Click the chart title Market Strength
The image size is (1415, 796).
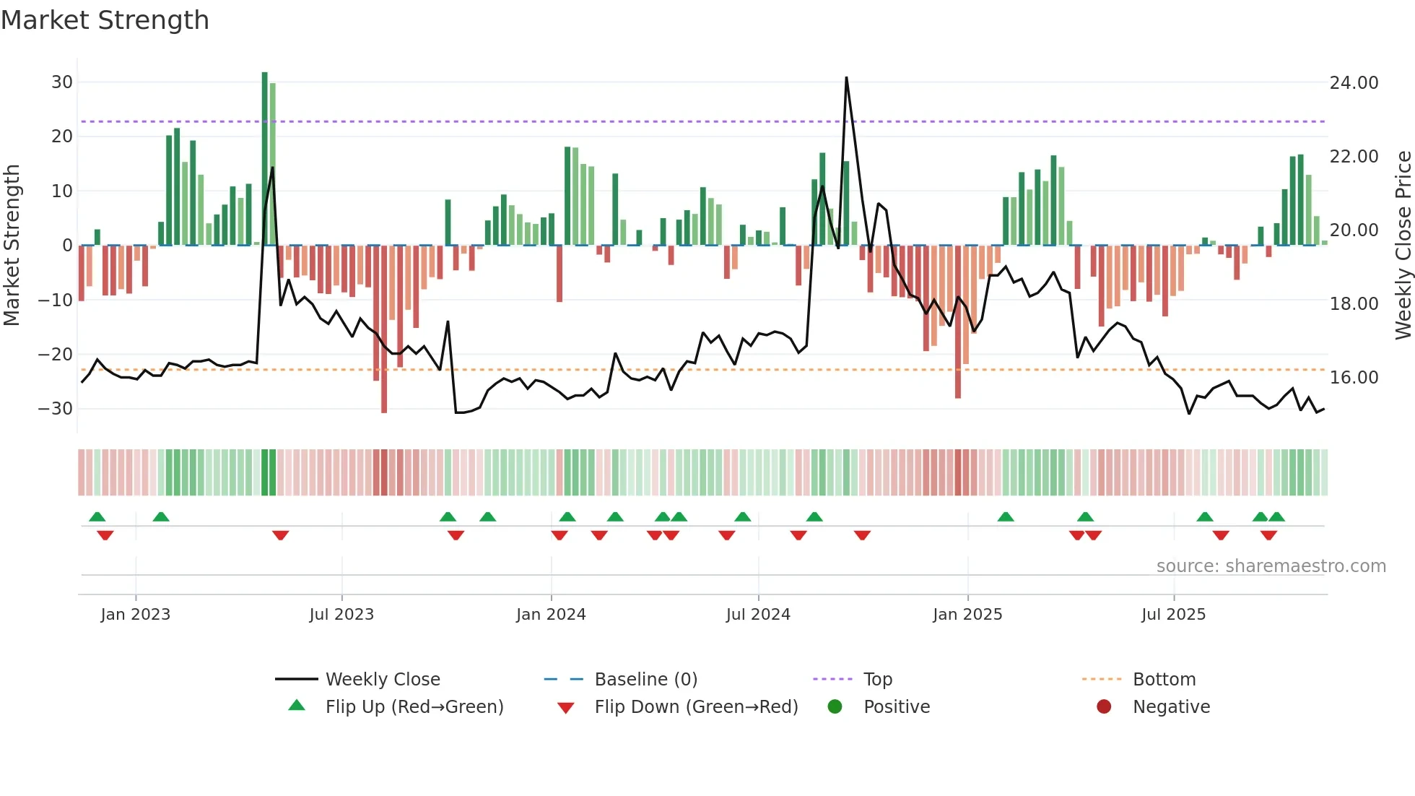point(105,20)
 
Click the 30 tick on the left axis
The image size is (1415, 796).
point(61,82)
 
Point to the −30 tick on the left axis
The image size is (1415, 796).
point(56,409)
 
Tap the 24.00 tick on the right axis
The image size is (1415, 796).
point(1354,83)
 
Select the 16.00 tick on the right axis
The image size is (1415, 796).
point(1354,378)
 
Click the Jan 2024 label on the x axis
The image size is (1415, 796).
point(551,615)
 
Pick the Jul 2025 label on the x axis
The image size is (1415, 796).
point(1173,615)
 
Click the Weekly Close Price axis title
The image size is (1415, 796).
point(1403,246)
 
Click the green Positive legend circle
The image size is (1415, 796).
point(835,707)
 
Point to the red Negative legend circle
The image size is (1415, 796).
point(1104,707)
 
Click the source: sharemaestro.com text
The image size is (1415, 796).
point(1271,566)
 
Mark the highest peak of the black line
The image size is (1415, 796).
point(846,78)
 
